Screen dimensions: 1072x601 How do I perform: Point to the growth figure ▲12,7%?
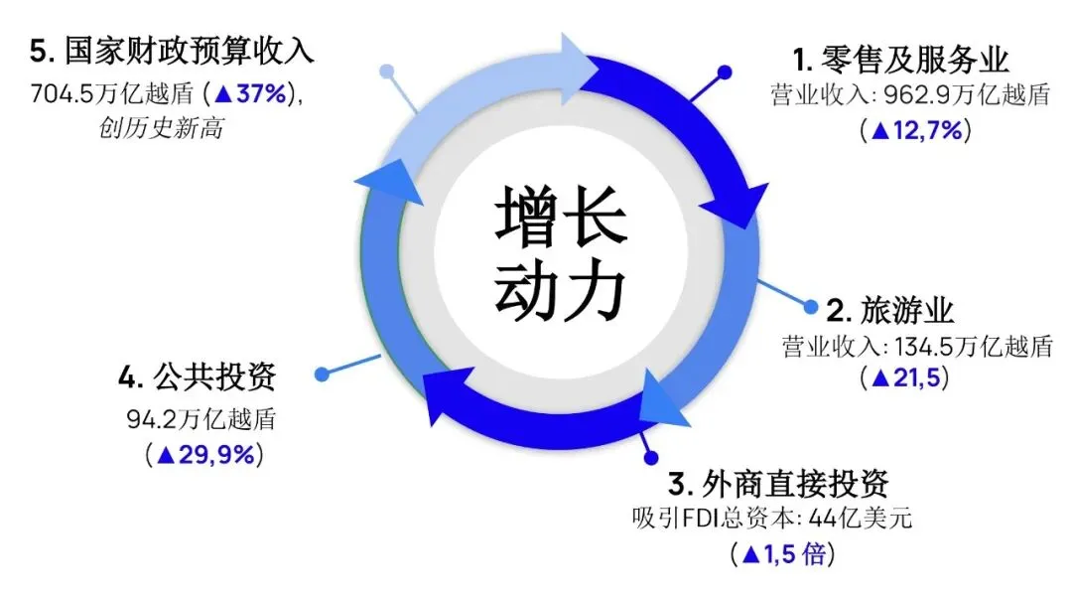click(915, 130)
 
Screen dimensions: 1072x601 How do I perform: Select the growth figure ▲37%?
click(249, 95)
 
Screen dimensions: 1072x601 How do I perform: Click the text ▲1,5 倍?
click(782, 553)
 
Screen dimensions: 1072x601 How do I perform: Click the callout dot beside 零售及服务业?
click(725, 73)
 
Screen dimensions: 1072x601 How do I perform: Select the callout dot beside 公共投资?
click(321, 375)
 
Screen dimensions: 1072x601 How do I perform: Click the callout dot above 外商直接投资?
click(651, 458)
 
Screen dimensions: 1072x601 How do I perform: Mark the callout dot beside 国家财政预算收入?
click(387, 73)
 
